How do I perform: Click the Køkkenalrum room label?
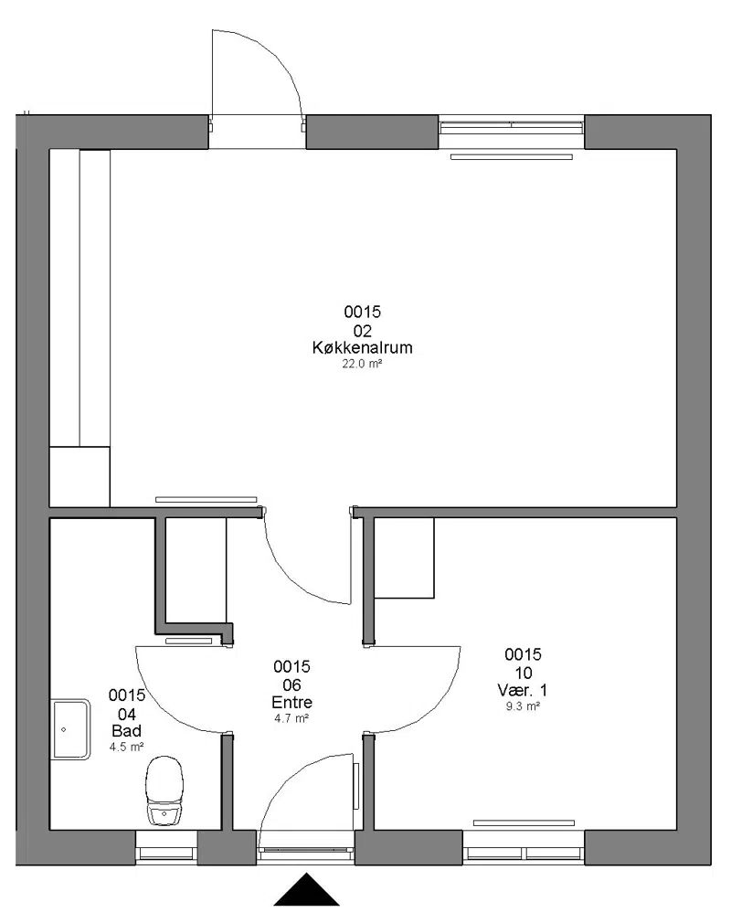(362, 347)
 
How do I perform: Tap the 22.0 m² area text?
(362, 364)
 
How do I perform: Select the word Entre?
(291, 702)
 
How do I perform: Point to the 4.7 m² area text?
(291, 718)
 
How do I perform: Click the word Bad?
(126, 731)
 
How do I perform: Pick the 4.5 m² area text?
(126, 747)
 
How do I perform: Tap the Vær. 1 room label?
(522, 690)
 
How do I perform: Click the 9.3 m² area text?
(524, 706)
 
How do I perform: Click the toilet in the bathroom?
(164, 791)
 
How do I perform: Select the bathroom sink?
(70, 730)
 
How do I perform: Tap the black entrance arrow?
(306, 889)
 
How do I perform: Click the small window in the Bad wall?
(166, 847)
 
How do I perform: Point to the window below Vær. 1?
(524, 847)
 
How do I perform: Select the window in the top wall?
(512, 132)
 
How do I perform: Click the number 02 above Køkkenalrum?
(363, 331)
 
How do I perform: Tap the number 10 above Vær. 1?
(524, 673)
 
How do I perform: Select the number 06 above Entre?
(291, 685)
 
